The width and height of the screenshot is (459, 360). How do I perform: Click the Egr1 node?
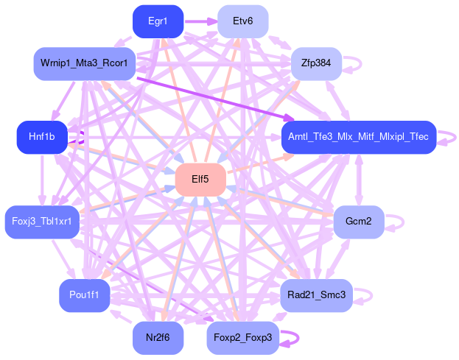(x=157, y=21)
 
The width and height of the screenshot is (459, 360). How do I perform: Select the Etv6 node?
(x=242, y=21)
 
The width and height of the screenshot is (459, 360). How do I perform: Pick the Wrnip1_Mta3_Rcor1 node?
(x=85, y=64)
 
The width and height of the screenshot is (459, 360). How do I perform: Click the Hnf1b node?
(x=42, y=138)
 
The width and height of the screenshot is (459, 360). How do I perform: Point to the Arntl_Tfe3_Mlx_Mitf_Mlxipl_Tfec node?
(x=359, y=138)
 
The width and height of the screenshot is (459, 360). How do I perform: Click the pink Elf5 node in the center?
(x=200, y=179)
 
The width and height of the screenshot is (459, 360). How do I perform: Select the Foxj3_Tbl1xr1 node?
(x=42, y=222)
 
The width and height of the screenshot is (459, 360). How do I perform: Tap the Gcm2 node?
(x=359, y=221)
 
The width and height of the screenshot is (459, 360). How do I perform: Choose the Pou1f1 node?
(x=85, y=295)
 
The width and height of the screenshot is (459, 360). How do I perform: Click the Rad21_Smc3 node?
(x=317, y=295)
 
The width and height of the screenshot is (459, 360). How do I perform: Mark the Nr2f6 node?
(x=158, y=338)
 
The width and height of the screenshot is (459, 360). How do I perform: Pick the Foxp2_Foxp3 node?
(x=242, y=338)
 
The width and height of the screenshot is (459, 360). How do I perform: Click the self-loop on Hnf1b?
(x=81, y=138)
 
